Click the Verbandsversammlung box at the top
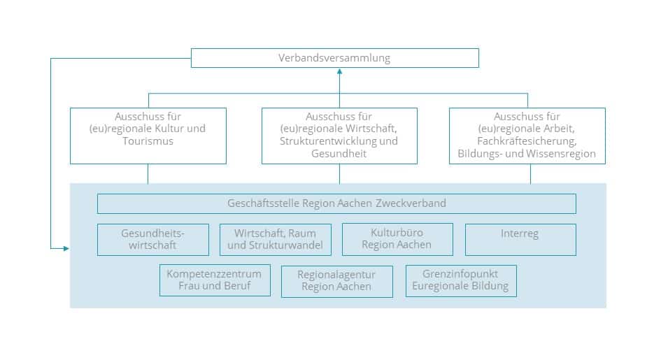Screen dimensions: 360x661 pos(334,58)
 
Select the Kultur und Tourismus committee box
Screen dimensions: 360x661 pos(148,136)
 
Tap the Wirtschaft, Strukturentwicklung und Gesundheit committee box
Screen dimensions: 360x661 pos(339,136)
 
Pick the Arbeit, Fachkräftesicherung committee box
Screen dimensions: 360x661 pos(527,136)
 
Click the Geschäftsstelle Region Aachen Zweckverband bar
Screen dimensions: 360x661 pos(336,203)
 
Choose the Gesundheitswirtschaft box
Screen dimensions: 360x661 pos(153,239)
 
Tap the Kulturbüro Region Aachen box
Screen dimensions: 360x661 pos(397,239)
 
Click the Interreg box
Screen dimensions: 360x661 pos(520,239)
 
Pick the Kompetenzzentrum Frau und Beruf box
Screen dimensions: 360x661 pos(215,280)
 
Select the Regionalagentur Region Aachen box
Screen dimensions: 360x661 pos(336,281)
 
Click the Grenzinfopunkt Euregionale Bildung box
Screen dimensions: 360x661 pos(461,280)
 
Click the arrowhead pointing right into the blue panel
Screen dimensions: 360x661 pos(66,248)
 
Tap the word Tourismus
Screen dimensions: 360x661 pos(148,141)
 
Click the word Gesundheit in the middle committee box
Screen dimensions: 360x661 pos(339,154)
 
